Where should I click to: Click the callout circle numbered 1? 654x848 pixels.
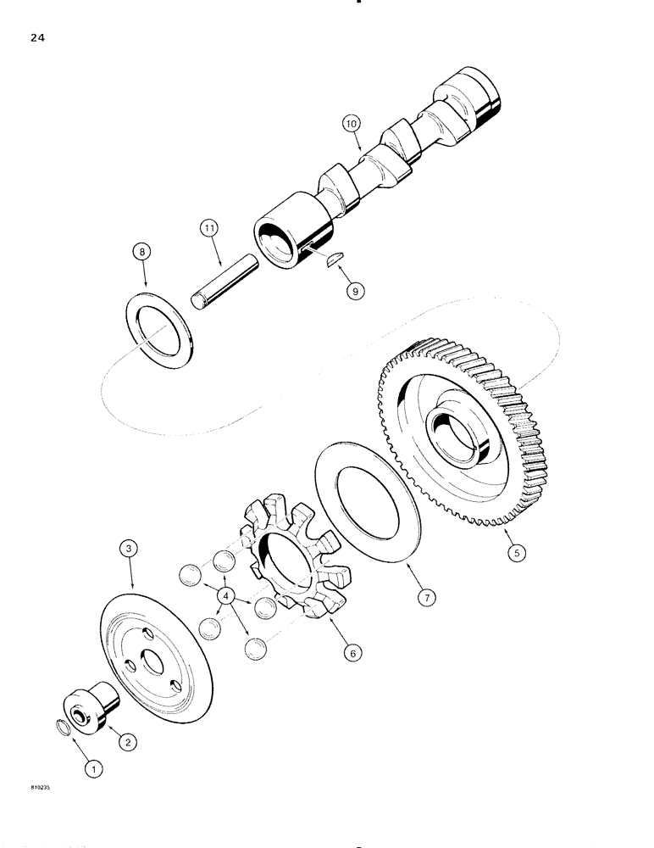pyautogui.click(x=94, y=769)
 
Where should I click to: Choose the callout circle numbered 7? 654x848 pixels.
pyautogui.click(x=429, y=599)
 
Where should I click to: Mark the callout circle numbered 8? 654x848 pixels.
pyautogui.click(x=143, y=251)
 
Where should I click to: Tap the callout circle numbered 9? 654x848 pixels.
pyautogui.click(x=355, y=291)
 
